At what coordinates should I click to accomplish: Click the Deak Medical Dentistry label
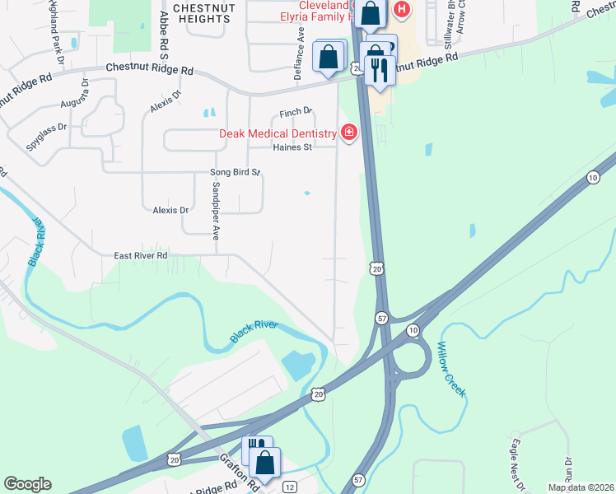278,133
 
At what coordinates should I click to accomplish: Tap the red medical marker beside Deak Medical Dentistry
349,133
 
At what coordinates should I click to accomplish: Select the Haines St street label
292,148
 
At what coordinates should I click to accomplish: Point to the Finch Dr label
296,111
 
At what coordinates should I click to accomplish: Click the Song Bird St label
235,173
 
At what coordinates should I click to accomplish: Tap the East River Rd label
140,256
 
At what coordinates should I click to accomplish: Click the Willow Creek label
452,369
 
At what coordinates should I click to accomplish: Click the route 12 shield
289,487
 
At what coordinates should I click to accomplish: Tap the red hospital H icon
402,10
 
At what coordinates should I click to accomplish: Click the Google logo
27,484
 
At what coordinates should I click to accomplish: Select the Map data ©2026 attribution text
581,487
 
